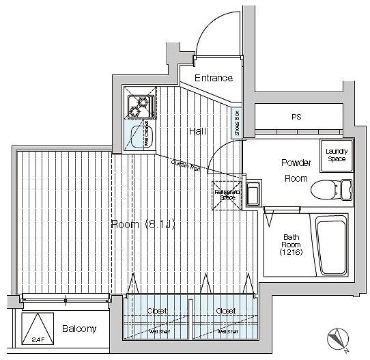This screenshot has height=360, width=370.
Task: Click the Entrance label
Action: (x=213, y=78)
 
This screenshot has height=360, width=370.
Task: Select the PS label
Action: (x=296, y=117)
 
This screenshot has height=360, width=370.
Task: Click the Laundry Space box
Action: (x=335, y=154)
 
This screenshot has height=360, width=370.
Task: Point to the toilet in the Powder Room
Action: (x=330, y=189)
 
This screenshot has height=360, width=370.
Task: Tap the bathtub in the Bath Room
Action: (x=331, y=245)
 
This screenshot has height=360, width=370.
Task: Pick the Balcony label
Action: (x=79, y=329)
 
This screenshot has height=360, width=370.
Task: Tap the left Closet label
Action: (x=158, y=311)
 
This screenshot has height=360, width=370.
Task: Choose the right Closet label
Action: (x=226, y=311)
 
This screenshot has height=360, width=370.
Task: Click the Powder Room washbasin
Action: (x=252, y=195)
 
